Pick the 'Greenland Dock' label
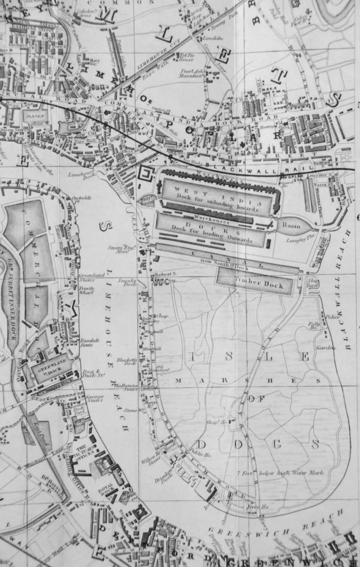[47, 367]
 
